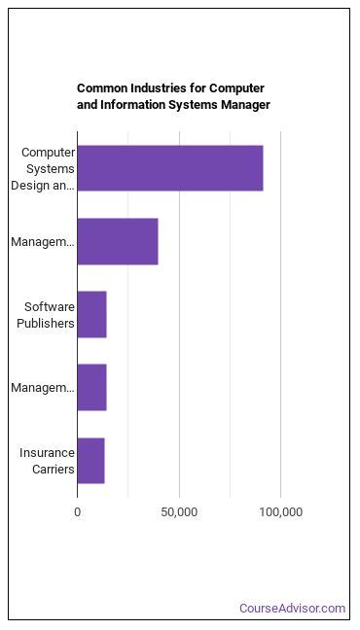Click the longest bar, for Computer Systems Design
tap(170, 168)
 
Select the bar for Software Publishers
tap(91, 315)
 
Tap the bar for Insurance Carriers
tap(90, 461)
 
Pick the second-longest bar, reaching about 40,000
tap(118, 242)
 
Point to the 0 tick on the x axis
tap(78, 511)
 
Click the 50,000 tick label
tap(179, 511)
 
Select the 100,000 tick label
tap(280, 511)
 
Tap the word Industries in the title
tap(162, 87)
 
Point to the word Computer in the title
tap(239, 87)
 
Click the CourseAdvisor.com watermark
tap(293, 609)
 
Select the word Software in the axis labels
tap(50, 307)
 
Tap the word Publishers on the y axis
tap(46, 323)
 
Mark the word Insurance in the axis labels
tap(47, 453)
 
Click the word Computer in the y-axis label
tap(48, 153)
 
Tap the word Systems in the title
tap(201, 104)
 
